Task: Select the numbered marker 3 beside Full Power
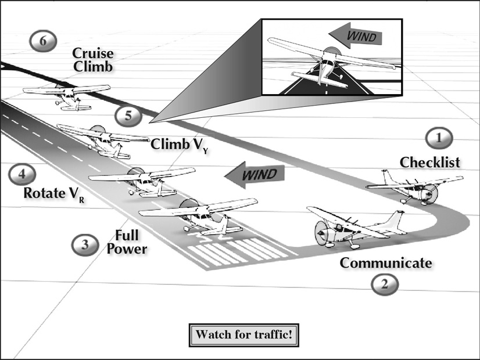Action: [85, 244]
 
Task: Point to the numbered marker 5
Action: [128, 115]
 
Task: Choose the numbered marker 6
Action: [44, 41]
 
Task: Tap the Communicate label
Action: [386, 262]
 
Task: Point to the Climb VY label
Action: [179, 144]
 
